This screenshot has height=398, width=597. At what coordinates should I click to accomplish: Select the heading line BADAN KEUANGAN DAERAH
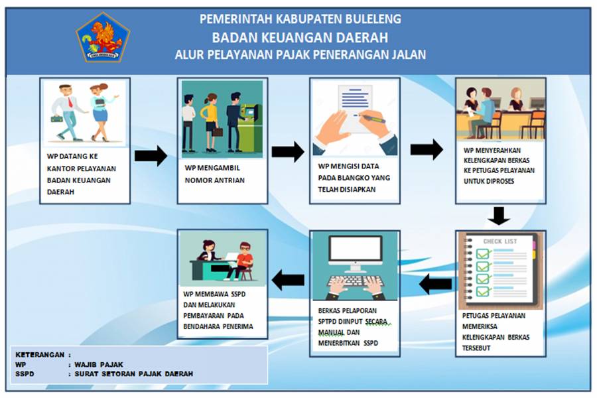(300, 37)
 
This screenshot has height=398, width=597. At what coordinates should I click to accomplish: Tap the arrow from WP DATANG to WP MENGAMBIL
(151, 156)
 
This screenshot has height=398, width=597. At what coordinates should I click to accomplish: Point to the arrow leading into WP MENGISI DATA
(287, 152)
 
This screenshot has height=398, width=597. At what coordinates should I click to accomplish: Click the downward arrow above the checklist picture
(499, 216)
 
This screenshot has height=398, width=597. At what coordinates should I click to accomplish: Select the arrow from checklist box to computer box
(436, 285)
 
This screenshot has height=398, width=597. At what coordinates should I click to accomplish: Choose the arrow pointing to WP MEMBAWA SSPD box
(289, 280)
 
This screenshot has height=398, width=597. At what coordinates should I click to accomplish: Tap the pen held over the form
(371, 117)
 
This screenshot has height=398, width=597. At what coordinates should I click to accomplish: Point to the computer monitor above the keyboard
(356, 253)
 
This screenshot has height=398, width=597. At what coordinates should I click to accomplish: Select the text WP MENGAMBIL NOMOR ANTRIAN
(215, 174)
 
